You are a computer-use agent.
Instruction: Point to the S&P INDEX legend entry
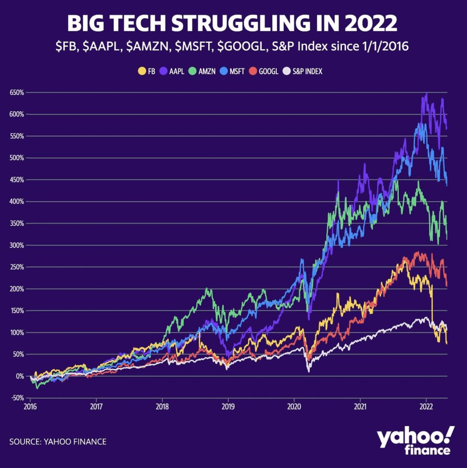[x=303, y=71]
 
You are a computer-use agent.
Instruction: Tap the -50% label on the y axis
[x=17, y=398]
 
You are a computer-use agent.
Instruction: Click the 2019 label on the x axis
[x=228, y=407]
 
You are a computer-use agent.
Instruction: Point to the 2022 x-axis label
[x=426, y=407]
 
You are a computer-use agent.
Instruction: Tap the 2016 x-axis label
[x=31, y=407]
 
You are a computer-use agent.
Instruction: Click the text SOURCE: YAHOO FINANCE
[x=58, y=441]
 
